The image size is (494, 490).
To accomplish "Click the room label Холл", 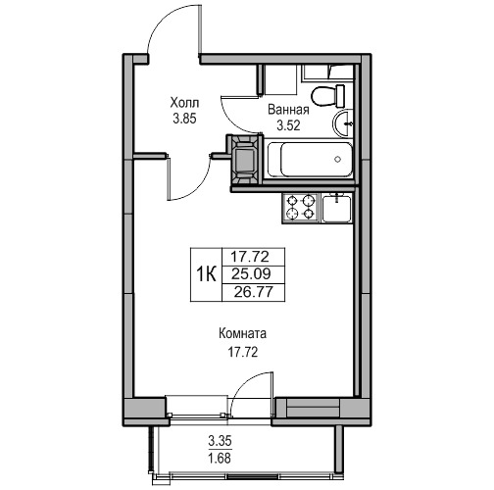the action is coord(184,103).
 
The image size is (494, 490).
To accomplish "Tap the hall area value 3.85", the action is coord(184,119).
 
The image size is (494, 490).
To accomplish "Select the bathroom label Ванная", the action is coord(288,110).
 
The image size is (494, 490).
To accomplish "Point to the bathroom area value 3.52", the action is coord(288,125).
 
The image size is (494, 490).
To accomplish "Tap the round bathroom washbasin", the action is coord(343,123).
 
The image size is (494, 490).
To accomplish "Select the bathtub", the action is coord(310,160).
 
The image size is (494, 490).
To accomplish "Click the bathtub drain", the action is coord(338,160).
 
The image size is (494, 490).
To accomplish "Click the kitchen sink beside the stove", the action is coord(336,208).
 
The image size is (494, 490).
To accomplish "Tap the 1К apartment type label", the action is coord(206,274).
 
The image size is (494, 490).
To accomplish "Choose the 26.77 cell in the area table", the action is coord(253,292).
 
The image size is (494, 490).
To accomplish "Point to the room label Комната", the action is coord(242,334).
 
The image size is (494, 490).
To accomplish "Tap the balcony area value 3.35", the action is coord(220,441).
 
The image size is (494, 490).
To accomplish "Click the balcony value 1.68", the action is coord(220,459).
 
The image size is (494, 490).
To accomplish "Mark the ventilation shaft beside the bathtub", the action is coord(245,160).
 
